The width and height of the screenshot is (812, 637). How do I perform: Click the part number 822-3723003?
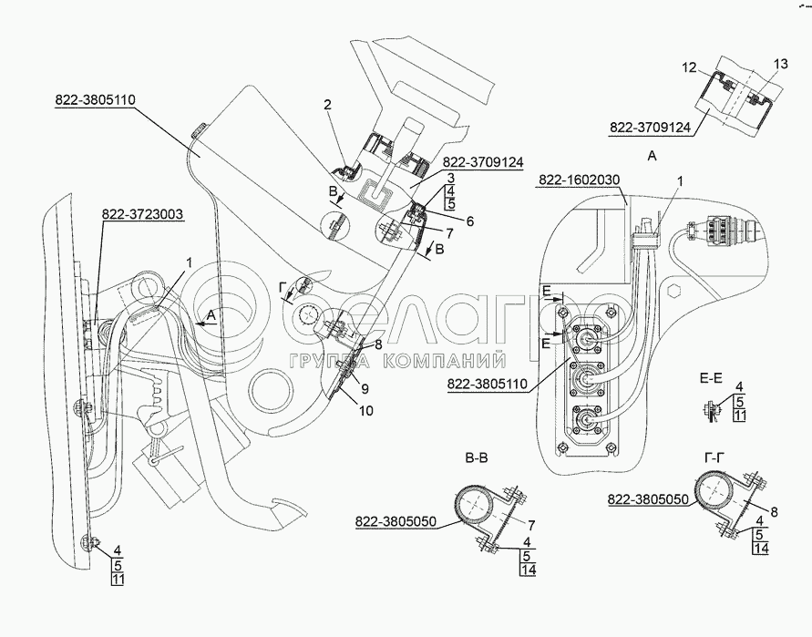pos(142,215)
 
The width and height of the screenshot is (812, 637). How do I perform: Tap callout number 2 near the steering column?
pos(325,106)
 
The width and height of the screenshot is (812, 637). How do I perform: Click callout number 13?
pos(778,64)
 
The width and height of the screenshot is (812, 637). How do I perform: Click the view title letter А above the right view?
pos(652,157)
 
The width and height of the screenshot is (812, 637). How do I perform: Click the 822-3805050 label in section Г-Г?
pos(647,498)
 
